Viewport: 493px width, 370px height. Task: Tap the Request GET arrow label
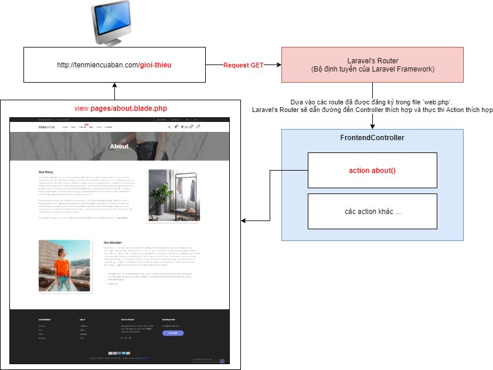click(x=243, y=65)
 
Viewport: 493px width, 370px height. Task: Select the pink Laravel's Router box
click(x=372, y=65)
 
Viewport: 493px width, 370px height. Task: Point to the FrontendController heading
click(x=372, y=138)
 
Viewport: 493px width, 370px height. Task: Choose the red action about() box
click(x=372, y=170)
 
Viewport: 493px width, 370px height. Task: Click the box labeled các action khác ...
click(x=372, y=211)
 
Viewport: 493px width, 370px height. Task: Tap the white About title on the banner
click(x=119, y=147)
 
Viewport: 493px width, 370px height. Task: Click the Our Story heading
click(x=46, y=172)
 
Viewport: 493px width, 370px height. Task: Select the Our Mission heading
click(x=113, y=242)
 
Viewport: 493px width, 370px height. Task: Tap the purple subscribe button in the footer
click(x=173, y=332)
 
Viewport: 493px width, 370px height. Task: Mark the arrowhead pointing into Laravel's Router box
click(x=278, y=65)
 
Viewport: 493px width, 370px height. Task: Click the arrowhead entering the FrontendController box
click(x=372, y=126)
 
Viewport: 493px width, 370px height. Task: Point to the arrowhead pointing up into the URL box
click(x=114, y=85)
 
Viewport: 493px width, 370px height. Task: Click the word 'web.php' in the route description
click(x=440, y=101)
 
